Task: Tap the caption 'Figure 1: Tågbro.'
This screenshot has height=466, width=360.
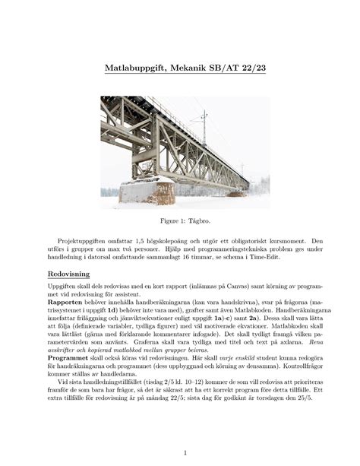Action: [x=180, y=220]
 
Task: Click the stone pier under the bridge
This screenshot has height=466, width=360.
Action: [x=146, y=190]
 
